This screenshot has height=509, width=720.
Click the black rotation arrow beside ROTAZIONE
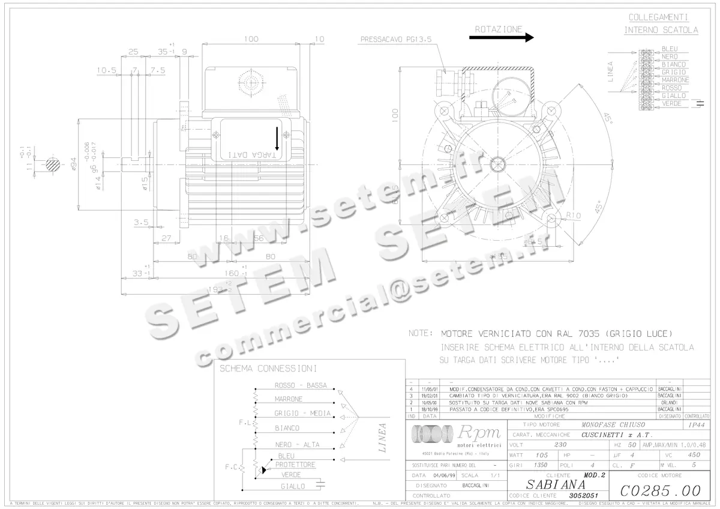[501, 37]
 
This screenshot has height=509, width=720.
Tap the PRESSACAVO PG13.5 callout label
[396, 40]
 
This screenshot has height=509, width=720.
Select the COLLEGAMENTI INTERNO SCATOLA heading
[661, 23]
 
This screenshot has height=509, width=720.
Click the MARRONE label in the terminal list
[675, 80]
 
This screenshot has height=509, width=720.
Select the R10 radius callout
[574, 215]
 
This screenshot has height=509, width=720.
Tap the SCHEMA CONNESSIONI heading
[268, 368]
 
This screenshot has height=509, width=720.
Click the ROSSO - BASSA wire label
[301, 385]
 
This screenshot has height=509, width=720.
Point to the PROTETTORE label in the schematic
[295, 465]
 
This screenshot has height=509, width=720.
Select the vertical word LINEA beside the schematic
[383, 437]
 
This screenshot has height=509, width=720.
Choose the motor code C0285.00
[661, 490]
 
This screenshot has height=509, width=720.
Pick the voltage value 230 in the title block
[560, 445]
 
